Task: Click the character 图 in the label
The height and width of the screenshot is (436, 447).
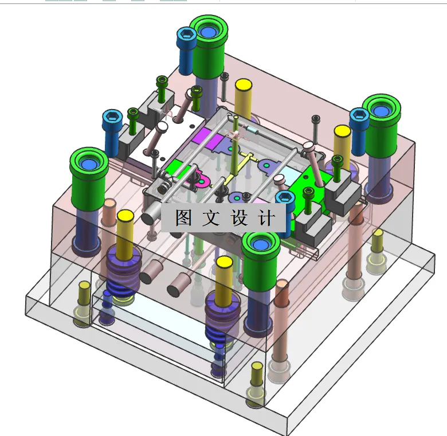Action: [x=183, y=218]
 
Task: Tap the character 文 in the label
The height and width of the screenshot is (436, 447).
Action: [x=210, y=218]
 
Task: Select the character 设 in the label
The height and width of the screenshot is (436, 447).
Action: [x=238, y=218]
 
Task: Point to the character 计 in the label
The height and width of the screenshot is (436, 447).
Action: [x=265, y=218]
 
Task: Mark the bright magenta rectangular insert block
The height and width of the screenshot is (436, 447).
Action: [x=205, y=136]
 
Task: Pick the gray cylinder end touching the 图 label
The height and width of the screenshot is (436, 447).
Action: [x=151, y=216]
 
